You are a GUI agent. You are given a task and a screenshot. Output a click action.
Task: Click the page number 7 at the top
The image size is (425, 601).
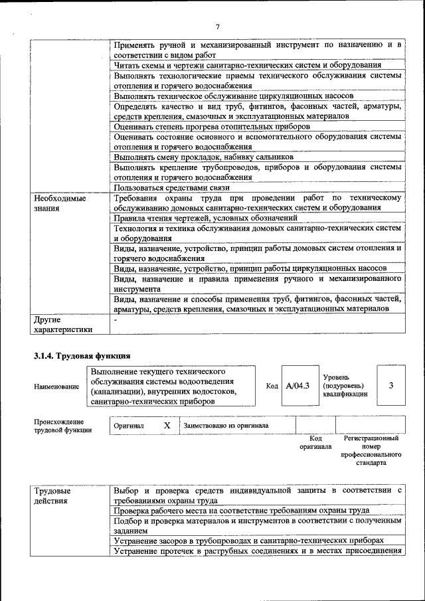(x=217, y=27)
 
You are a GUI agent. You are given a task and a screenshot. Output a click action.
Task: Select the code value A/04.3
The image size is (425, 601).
(x=297, y=386)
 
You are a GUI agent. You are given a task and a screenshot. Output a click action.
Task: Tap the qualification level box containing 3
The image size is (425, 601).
(x=391, y=385)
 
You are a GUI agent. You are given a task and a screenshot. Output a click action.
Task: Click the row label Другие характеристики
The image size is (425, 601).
(x=63, y=324)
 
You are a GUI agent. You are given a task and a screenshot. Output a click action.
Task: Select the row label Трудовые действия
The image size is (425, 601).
(x=52, y=495)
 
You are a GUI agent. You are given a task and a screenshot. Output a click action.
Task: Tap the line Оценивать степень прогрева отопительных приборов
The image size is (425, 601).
(x=212, y=126)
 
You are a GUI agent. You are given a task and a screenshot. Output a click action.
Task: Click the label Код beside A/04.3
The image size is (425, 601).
(x=272, y=386)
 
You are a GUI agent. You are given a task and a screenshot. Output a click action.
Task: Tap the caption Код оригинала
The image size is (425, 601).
(x=315, y=442)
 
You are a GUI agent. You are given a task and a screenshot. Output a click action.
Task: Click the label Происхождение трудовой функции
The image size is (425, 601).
(x=59, y=426)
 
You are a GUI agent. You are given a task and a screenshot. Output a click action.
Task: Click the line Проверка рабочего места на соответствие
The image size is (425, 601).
(x=241, y=511)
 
